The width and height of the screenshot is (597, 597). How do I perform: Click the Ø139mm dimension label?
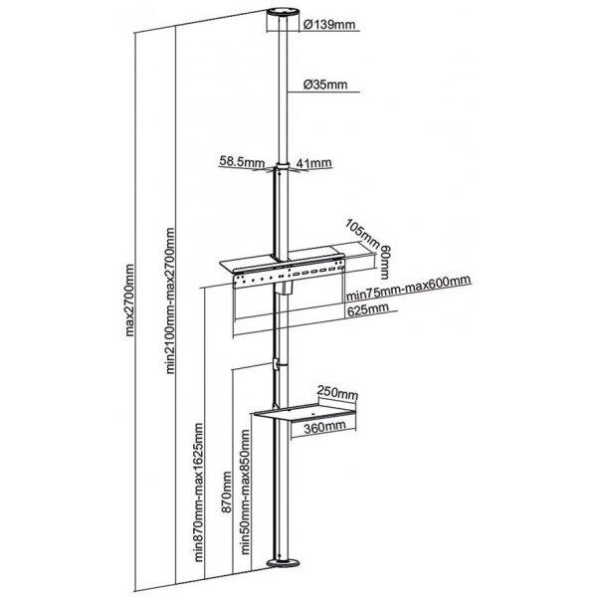[x=329, y=25]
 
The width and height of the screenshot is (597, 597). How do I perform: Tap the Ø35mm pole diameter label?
[x=325, y=85]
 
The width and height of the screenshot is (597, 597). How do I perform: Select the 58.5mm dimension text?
[x=242, y=162]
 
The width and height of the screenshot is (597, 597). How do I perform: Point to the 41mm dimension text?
[x=313, y=163]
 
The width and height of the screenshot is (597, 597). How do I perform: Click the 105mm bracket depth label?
[x=362, y=233]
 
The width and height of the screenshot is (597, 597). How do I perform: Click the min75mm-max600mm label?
[x=409, y=288]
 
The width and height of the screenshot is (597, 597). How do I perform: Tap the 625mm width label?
[x=368, y=309]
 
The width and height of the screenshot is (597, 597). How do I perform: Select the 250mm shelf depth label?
[x=337, y=393]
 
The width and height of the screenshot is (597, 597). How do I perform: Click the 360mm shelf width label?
[x=324, y=427]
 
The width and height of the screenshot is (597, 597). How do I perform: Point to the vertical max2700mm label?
[x=129, y=300]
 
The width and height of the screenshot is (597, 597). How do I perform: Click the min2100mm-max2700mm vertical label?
[x=170, y=300]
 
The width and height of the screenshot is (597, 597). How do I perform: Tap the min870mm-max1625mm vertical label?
[x=199, y=493]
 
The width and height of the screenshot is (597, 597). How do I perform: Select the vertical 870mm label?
[x=227, y=493]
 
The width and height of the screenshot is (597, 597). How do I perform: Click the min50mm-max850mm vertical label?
[x=246, y=492]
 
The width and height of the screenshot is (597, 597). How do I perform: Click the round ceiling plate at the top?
[x=283, y=15]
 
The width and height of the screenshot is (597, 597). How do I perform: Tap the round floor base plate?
[x=283, y=564]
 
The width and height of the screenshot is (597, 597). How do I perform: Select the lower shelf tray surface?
[x=304, y=412]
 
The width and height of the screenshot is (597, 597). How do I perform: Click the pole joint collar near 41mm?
[x=283, y=167]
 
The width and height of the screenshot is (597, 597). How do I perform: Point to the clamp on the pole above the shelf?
[x=276, y=363]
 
